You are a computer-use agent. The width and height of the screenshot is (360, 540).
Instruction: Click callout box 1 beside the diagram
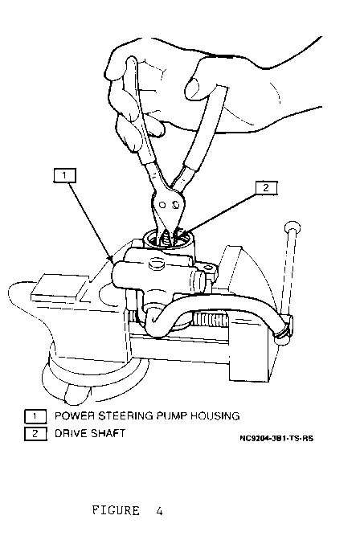tap(64, 176)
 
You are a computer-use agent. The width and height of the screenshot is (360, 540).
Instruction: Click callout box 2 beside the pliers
tap(266, 188)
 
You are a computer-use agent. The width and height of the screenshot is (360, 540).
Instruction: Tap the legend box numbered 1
tap(35, 416)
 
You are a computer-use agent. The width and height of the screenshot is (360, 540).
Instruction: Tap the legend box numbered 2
tap(35, 434)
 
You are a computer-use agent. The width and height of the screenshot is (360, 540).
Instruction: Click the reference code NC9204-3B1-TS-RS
tap(276, 439)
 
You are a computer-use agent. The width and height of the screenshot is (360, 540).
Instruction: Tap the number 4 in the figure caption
tap(159, 510)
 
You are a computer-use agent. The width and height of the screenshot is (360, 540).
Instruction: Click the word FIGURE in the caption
tap(116, 510)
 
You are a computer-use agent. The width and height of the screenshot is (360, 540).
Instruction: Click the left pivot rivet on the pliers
tap(162, 205)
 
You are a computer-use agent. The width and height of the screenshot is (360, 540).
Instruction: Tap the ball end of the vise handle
tap(292, 227)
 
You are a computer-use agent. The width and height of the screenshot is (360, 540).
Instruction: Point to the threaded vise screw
tap(211, 320)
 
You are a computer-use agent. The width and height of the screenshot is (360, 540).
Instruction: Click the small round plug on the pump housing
tap(156, 264)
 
